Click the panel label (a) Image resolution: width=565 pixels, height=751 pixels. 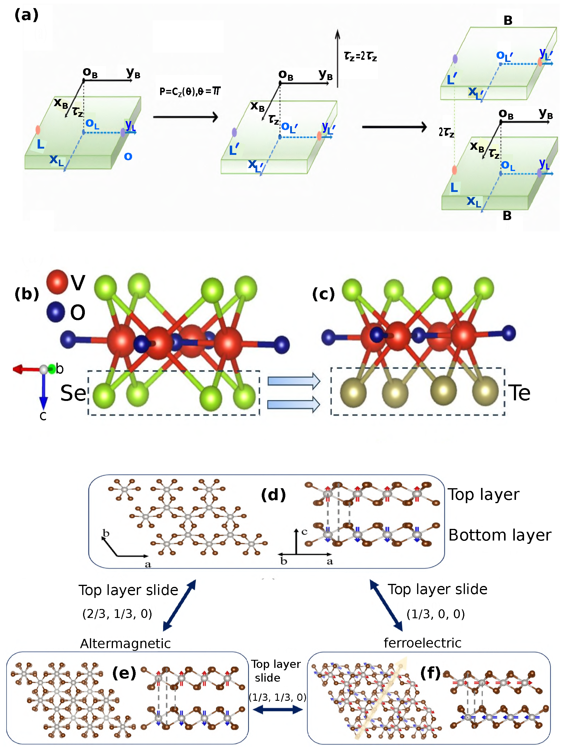point(27,15)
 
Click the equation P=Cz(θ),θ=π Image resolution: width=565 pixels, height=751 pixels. point(190,91)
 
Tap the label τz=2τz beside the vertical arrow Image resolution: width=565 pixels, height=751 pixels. point(360,56)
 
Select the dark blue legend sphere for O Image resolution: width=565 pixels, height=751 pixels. point(56,311)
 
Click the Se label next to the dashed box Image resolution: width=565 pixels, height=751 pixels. point(73,393)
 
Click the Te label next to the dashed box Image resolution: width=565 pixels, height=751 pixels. point(518,393)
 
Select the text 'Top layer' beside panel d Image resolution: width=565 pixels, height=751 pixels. point(483,494)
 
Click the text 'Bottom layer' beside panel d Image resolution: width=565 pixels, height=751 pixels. point(500,535)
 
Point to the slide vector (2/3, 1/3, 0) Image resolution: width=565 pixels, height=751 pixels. point(117,613)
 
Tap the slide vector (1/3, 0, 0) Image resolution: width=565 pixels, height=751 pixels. point(435,614)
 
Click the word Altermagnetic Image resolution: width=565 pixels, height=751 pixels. point(125,643)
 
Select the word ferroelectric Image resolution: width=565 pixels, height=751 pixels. point(422,643)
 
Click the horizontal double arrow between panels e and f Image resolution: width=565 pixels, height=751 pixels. point(277,709)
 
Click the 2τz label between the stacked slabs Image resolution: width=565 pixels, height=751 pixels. point(446,132)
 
